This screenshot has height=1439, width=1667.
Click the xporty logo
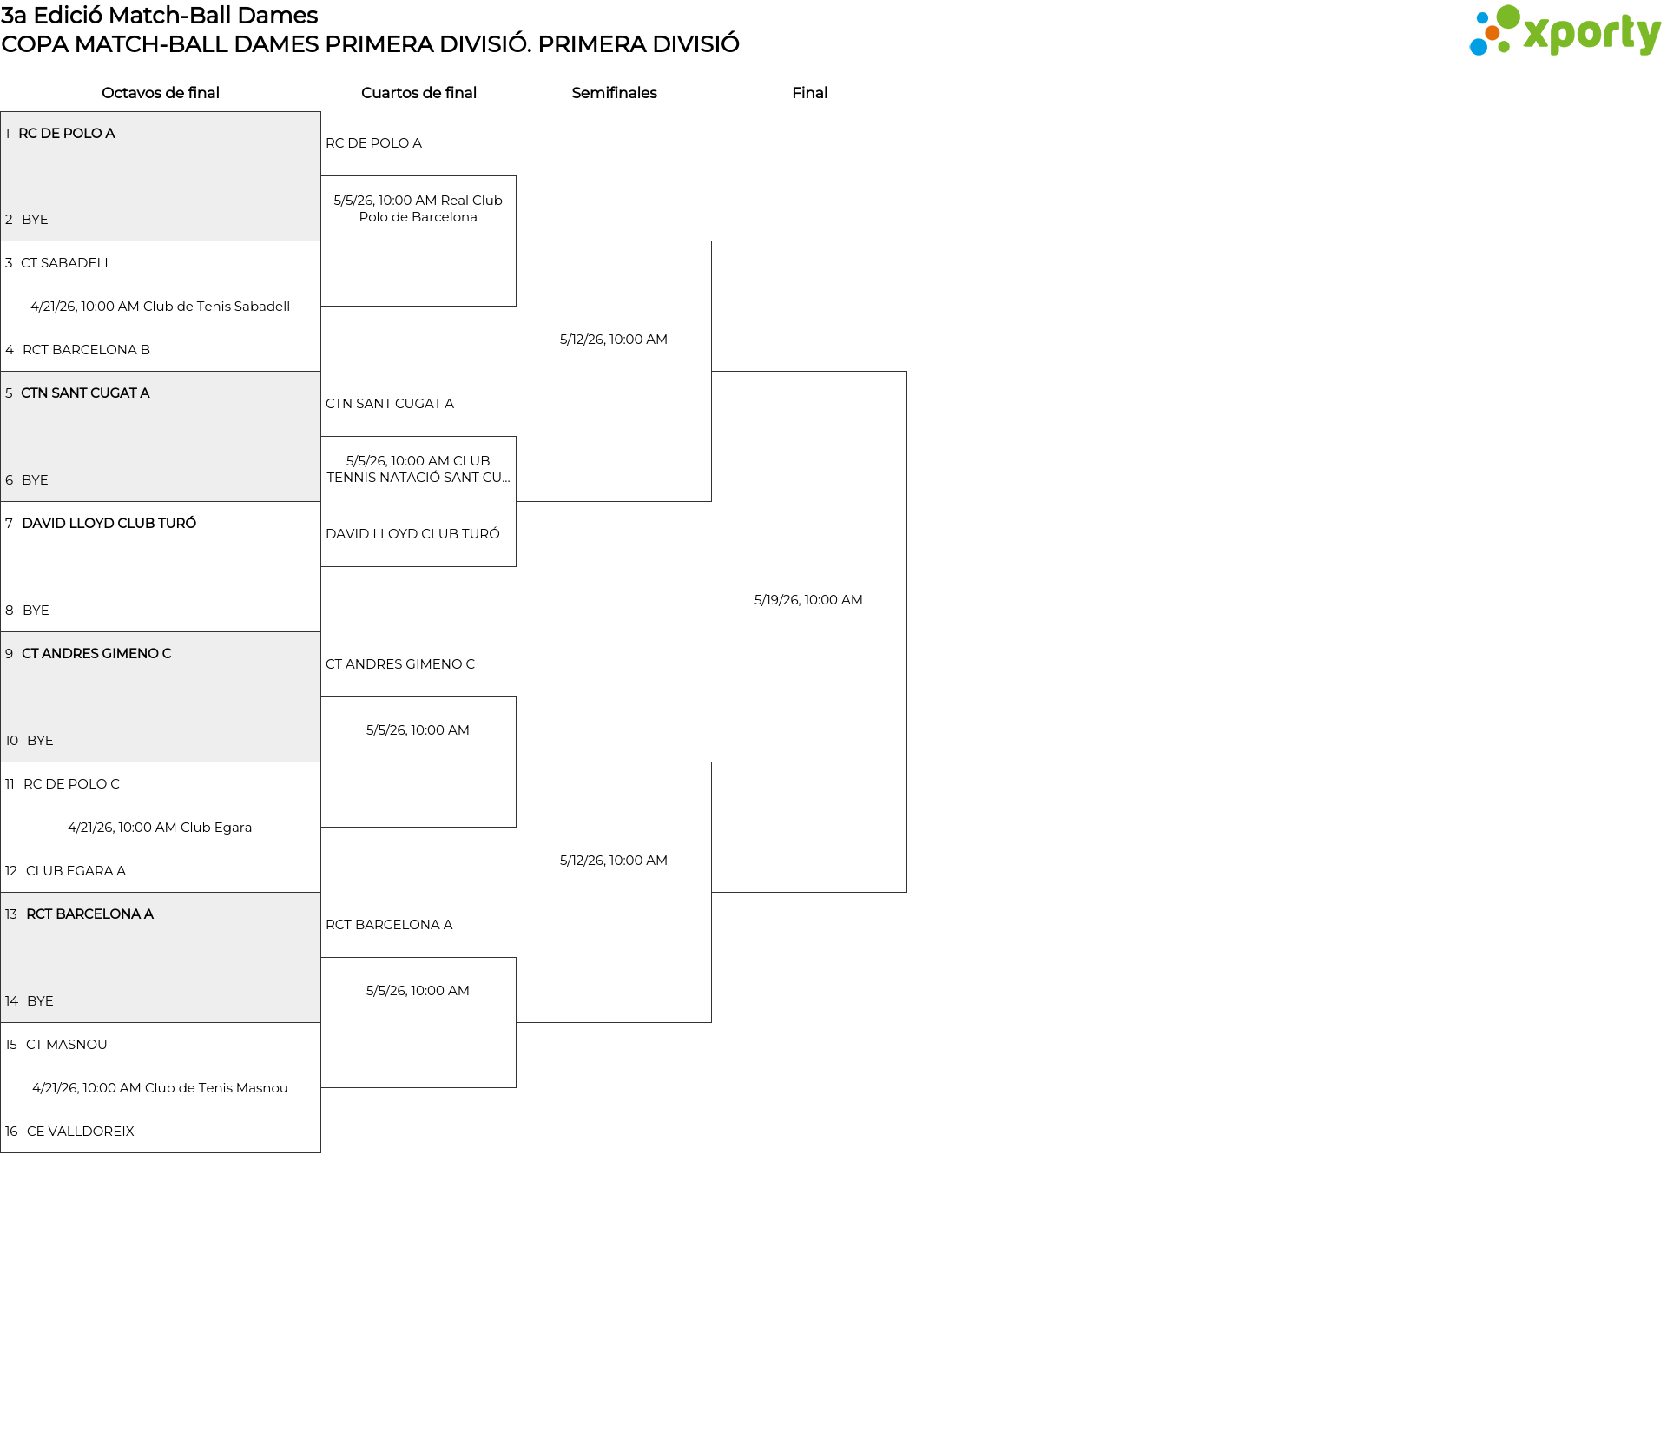(1565, 31)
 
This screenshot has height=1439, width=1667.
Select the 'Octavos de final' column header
(161, 93)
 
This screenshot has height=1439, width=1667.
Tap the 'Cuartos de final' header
(418, 93)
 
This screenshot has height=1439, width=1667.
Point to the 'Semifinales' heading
(614, 93)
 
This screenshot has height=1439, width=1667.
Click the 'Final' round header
(809, 93)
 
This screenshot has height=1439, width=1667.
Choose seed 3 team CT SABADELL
(66, 263)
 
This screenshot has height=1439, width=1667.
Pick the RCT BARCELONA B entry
(86, 350)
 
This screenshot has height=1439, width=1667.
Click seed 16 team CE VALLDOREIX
(80, 1132)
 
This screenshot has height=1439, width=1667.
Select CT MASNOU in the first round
(66, 1045)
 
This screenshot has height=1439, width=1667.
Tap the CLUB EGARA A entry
(76, 871)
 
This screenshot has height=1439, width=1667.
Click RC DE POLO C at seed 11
(71, 784)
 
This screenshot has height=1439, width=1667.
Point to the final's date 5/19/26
(808, 600)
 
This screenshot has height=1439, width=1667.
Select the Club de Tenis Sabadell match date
(161, 307)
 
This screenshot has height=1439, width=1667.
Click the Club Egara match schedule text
(160, 828)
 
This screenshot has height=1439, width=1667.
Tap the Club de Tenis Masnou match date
(160, 1088)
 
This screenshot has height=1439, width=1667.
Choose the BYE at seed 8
(36, 611)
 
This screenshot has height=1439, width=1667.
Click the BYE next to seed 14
(40, 1001)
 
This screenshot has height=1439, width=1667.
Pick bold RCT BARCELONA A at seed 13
(89, 914)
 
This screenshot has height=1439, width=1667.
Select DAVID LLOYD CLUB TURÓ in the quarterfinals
(412, 534)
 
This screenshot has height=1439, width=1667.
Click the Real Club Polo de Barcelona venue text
(418, 208)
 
